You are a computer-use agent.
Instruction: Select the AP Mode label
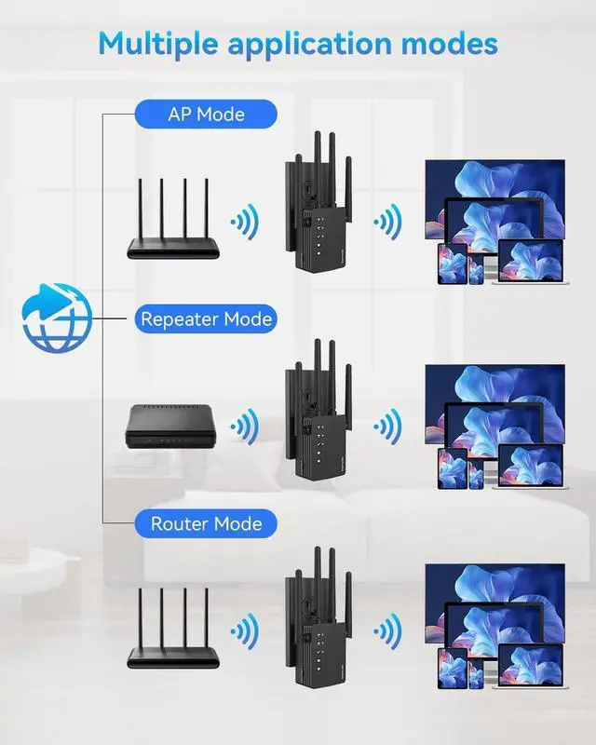click(x=206, y=115)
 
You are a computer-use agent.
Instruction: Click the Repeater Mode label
click(x=206, y=319)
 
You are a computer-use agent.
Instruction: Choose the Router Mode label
click(x=206, y=524)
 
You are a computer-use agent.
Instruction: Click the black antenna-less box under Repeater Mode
click(x=173, y=426)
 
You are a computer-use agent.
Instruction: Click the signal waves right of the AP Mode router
click(x=246, y=222)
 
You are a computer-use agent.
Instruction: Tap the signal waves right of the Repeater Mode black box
click(x=246, y=427)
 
